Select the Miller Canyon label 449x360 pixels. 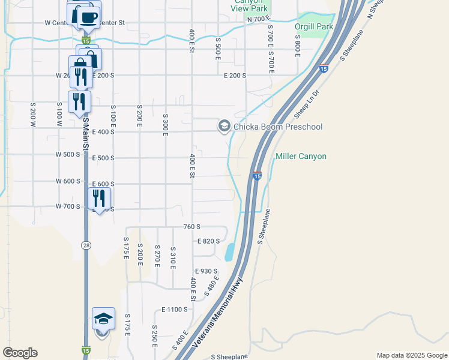[x=301, y=157]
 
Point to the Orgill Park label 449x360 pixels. [x=313, y=26]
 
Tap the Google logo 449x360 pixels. [x=20, y=353]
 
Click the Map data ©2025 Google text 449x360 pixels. [x=411, y=355]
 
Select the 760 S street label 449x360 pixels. [x=191, y=227]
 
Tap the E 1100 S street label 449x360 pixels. [x=175, y=310]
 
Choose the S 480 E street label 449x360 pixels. [x=211, y=287]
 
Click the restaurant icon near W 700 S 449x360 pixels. [x=99, y=198]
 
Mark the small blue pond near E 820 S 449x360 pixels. [x=229, y=252]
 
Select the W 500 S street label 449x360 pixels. [x=68, y=155]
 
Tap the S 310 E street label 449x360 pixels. [x=173, y=256]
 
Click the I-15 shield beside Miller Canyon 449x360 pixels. [x=257, y=176]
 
